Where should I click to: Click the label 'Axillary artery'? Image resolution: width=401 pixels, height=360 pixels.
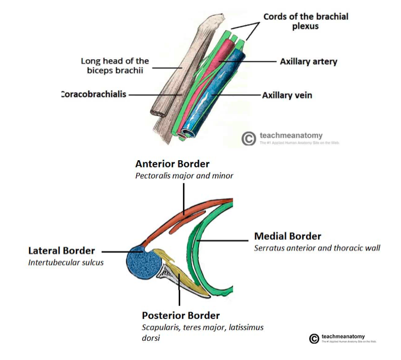[x=308, y=61]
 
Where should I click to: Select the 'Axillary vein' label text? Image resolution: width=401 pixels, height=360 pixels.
[x=287, y=95]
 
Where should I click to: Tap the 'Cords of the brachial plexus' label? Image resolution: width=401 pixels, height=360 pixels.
[x=305, y=21]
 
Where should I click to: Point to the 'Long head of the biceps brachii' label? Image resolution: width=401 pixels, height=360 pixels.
[x=115, y=65]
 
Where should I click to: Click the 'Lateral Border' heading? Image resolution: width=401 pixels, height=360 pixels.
[x=62, y=251]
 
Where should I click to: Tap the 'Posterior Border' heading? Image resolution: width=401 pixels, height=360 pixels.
[x=181, y=316]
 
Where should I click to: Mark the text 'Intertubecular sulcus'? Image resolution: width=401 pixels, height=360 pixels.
[x=65, y=262]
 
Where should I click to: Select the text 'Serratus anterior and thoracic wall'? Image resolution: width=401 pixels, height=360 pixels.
[x=317, y=248]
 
